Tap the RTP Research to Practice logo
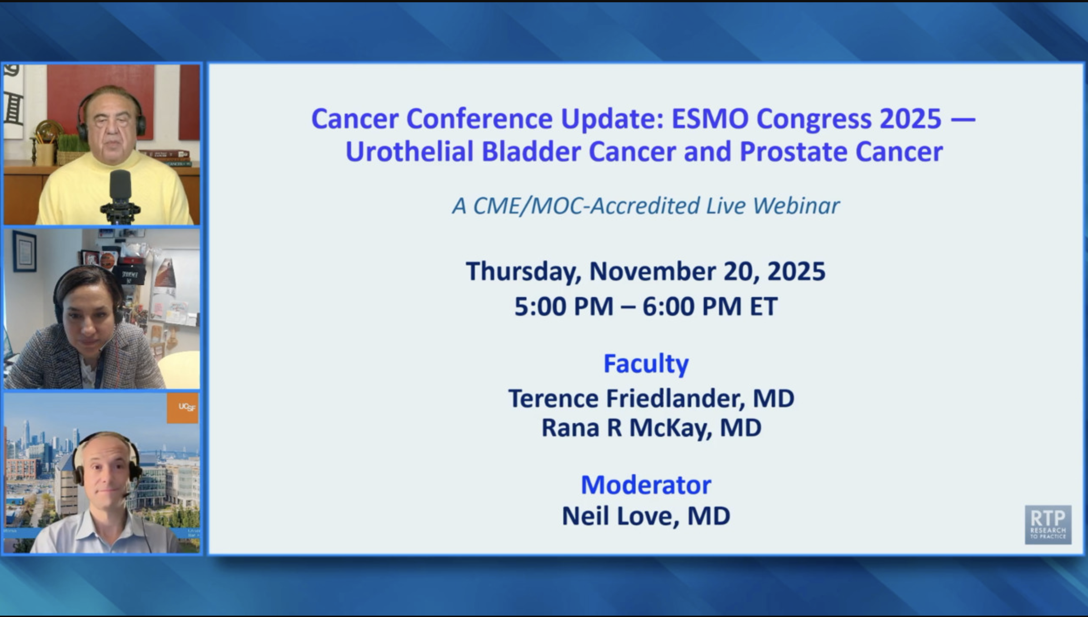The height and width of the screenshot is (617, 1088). [1048, 525]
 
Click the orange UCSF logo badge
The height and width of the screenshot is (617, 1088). [183, 408]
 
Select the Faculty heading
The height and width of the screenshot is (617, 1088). [646, 363]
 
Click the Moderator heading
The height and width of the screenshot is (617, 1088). [646, 485]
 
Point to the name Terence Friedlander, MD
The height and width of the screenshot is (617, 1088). [651, 398]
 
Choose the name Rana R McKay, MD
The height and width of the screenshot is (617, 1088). [651, 428]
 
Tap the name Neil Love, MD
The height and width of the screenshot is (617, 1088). [646, 516]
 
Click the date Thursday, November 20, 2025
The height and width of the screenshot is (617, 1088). [645, 271]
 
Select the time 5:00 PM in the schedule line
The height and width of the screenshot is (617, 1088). [564, 306]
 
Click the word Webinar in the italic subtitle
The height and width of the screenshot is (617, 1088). [796, 206]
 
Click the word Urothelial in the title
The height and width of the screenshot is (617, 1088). [409, 152]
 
